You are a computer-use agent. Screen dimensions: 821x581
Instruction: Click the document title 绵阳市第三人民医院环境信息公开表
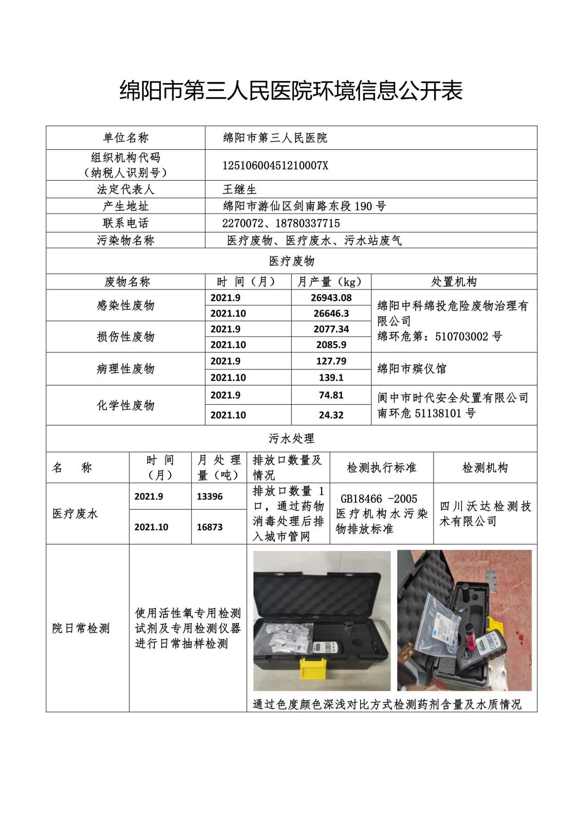pos(291,90)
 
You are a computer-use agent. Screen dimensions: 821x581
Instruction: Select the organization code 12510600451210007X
pos(275,165)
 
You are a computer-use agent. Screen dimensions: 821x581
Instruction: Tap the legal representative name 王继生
pos(239,189)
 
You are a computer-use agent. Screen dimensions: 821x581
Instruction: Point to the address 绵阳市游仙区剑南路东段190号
pos(304,206)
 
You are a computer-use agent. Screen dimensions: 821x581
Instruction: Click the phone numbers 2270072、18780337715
pos(280,223)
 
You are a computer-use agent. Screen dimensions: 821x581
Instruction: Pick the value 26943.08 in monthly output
pos(331,298)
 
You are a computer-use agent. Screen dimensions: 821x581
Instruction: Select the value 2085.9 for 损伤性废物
pos(331,345)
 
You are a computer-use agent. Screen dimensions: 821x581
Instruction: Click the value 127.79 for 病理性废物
pos(331,361)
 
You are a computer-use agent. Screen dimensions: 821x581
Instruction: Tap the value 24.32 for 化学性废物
pos(331,415)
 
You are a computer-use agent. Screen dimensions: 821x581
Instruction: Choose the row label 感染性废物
pos(125,306)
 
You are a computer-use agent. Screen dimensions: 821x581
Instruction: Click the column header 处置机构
pos(454,282)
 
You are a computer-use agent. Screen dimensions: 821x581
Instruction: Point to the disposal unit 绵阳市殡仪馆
pos(411,369)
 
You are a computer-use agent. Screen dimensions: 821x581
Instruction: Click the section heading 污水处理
pos(291,439)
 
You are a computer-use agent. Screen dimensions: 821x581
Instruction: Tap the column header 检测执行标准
pos(381,468)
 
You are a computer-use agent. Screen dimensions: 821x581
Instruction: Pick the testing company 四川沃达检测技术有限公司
pos(485,514)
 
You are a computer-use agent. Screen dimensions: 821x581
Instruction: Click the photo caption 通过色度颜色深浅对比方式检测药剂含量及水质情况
pos(387,705)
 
